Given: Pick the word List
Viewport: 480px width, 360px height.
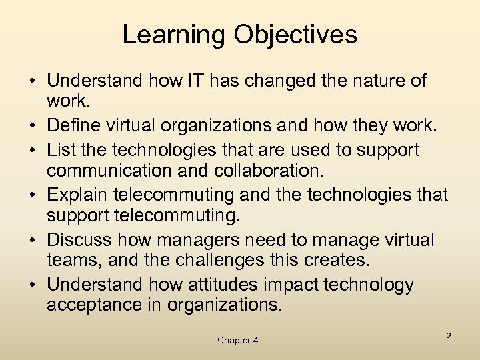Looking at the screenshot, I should point(63,151).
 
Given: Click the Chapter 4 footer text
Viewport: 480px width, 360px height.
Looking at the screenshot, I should point(238,341).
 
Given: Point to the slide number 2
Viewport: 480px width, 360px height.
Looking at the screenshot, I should point(449,336).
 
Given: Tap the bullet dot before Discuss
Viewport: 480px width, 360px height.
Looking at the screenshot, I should point(33,239).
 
